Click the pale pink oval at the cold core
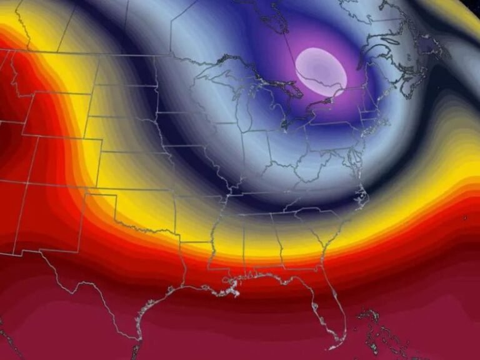coord(321,72)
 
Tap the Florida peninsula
coord(332,312)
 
